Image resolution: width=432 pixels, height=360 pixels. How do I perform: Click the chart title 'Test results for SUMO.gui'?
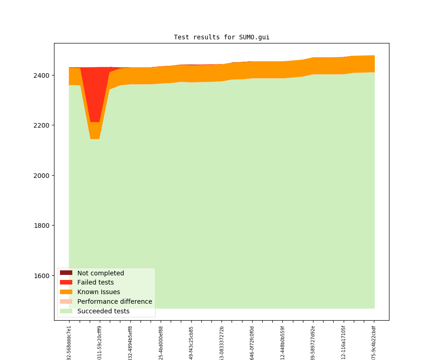point(221,37)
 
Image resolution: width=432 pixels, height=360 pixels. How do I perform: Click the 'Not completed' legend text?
point(100,273)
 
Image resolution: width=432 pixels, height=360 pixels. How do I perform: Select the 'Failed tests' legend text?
point(95,283)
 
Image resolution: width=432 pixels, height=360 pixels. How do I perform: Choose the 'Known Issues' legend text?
point(98,292)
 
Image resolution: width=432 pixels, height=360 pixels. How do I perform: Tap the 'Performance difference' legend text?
point(114,302)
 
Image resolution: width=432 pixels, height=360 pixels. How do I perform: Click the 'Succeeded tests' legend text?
point(103,312)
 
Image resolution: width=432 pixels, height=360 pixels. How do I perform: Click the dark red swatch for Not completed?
point(66,273)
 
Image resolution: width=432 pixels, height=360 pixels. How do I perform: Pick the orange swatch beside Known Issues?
point(66,292)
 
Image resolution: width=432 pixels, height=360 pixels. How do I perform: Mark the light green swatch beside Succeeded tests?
point(66,312)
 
